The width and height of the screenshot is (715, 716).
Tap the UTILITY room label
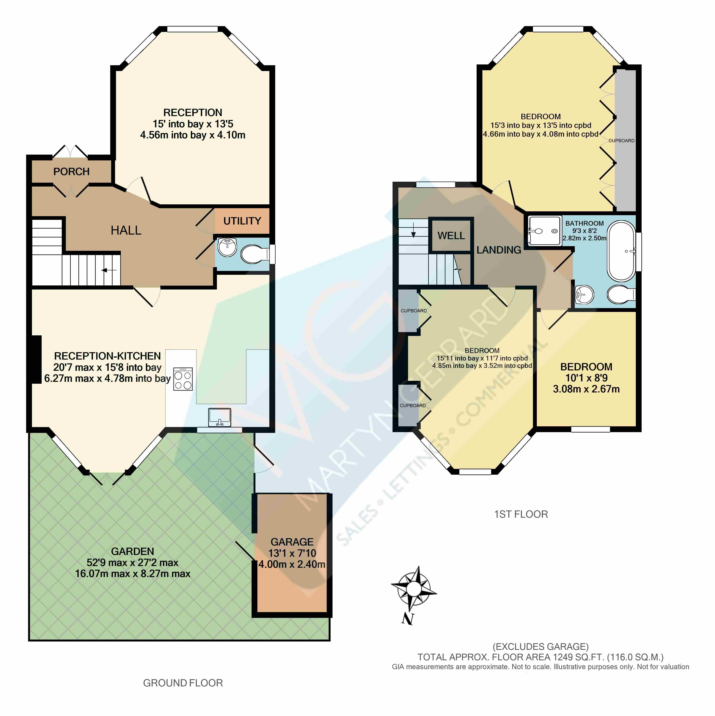point(242,221)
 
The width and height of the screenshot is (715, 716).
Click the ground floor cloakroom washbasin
point(227,247)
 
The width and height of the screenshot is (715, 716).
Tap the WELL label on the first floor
point(451,236)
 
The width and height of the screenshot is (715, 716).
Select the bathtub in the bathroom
point(621,251)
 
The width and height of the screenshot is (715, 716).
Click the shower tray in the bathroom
point(544,231)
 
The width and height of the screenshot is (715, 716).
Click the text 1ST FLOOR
point(521,514)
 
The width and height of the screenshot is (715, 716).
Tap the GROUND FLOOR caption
point(183,683)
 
